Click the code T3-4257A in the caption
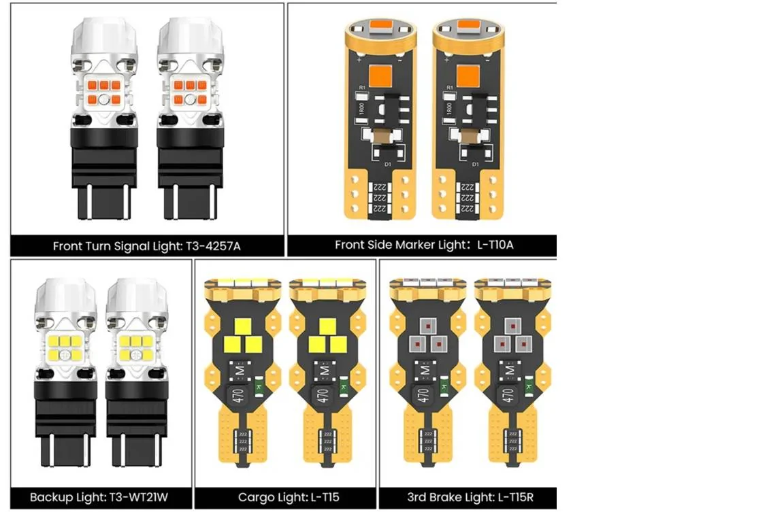pos(213,246)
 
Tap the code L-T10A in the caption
pos(495,245)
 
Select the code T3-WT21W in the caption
pos(139,498)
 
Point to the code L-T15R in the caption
pos(515,498)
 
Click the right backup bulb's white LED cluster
pos(135,348)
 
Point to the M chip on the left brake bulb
pos(425,370)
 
